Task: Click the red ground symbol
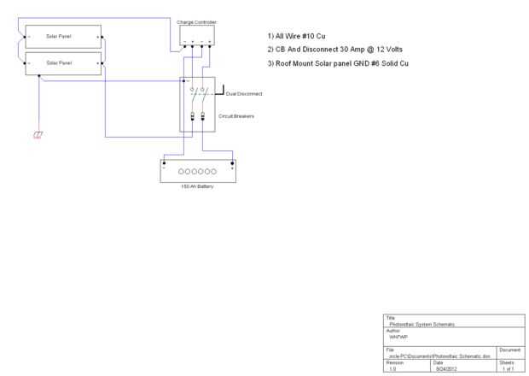38,135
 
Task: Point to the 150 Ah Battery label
197,186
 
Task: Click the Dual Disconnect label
244,93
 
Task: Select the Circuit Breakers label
236,115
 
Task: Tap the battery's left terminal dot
164,162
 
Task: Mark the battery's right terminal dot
231,162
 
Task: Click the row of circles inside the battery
197,172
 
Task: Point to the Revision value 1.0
392,368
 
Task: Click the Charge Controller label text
197,20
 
